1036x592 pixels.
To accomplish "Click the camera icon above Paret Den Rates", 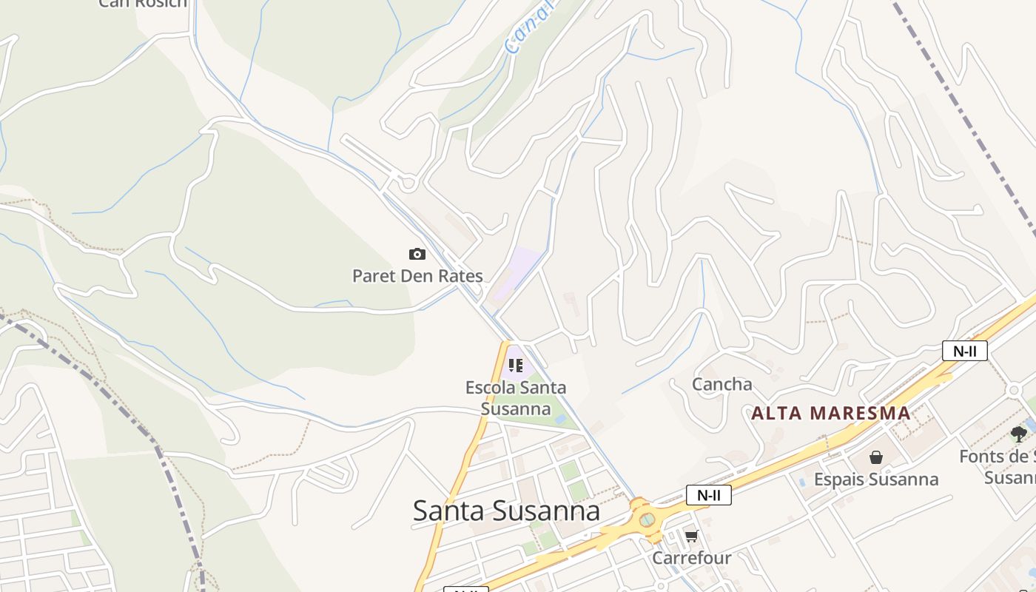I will [417, 255].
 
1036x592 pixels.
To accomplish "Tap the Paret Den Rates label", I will [417, 276].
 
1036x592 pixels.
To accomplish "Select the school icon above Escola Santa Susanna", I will [516, 365].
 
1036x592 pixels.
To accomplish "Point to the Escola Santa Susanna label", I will [516, 397].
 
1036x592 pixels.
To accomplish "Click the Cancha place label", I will [721, 384].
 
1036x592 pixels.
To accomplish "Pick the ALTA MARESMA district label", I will [831, 413].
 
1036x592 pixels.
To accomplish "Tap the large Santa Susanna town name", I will [506, 511].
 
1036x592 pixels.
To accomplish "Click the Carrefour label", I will [691, 557].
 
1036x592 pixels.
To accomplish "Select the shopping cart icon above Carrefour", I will [691, 536].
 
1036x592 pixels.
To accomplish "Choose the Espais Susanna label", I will [876, 480].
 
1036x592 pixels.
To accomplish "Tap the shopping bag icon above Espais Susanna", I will [876, 457].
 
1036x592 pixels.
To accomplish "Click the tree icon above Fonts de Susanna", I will [1019, 434].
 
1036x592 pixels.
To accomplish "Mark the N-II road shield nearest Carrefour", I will [708, 495].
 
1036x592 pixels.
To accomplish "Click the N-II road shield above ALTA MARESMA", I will [964, 351].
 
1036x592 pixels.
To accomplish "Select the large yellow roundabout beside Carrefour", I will [647, 519].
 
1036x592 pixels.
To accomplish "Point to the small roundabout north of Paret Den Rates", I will [407, 182].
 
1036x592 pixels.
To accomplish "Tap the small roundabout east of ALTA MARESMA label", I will [1015, 390].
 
